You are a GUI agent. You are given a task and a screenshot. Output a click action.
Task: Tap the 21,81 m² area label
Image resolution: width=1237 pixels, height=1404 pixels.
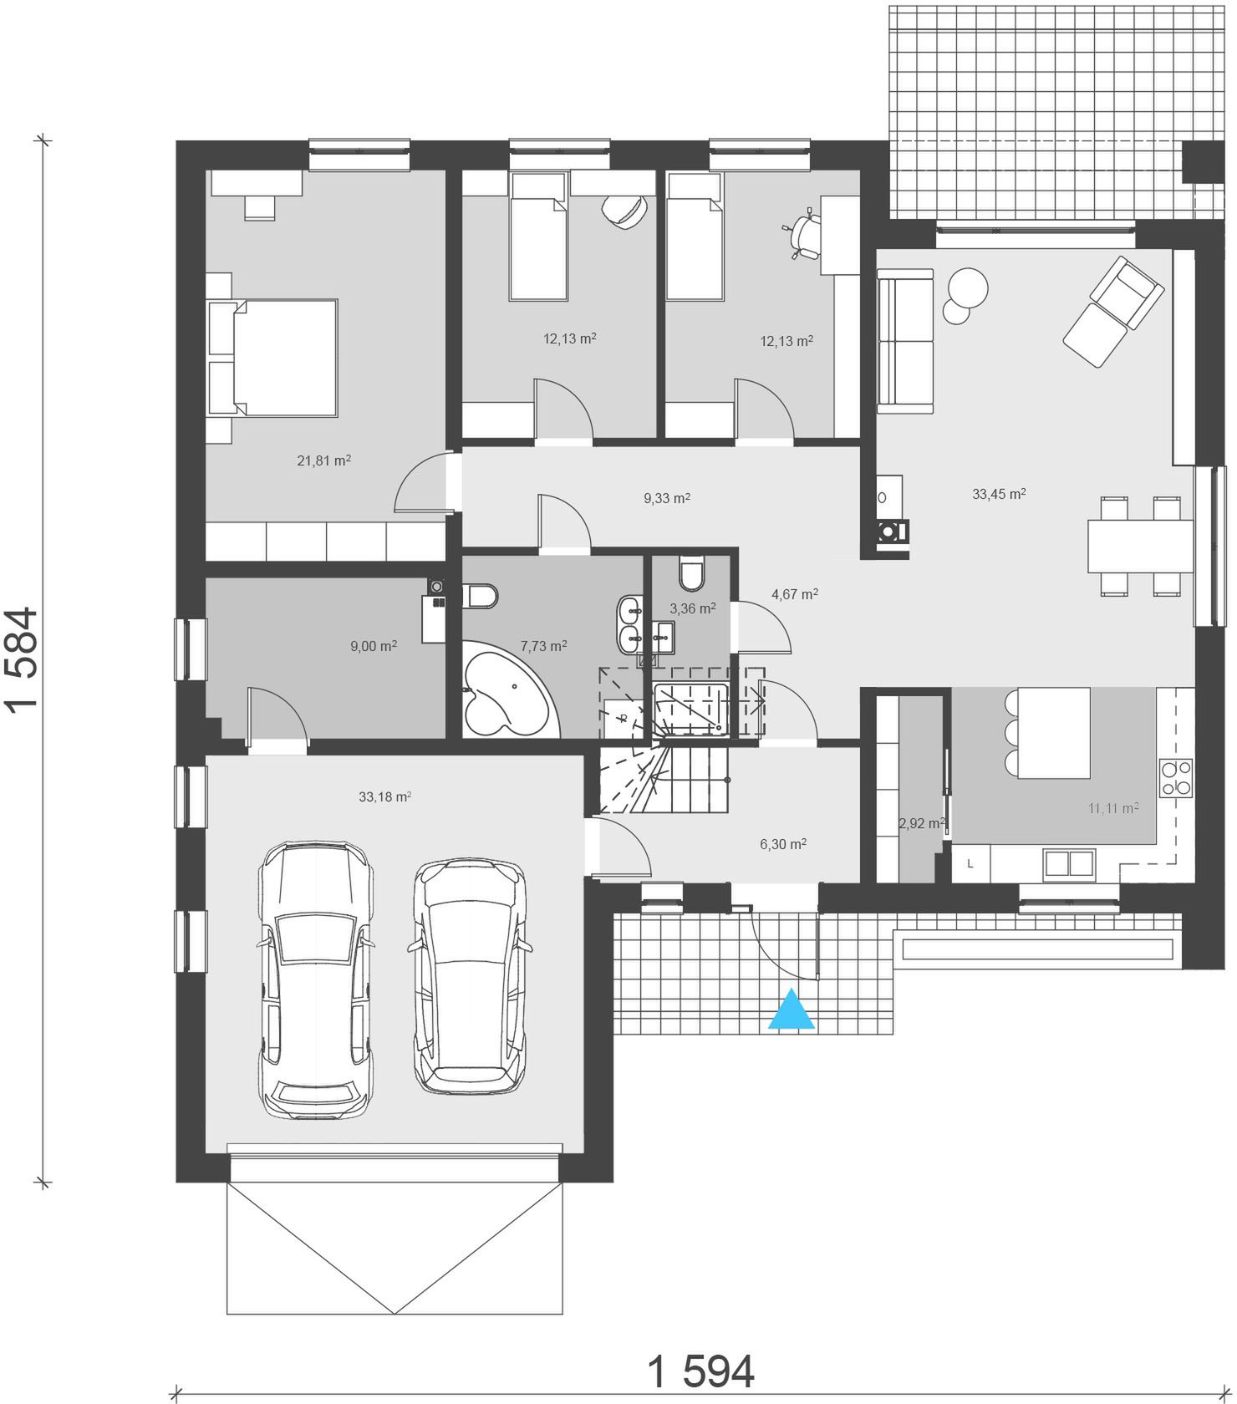[323, 460]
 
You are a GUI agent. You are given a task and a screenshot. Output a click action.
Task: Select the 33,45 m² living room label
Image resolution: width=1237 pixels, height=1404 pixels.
[999, 494]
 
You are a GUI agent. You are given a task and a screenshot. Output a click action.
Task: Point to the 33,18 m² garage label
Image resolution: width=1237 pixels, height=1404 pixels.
[384, 797]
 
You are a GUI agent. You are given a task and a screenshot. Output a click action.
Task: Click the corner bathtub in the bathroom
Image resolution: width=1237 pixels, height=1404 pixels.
[505, 689]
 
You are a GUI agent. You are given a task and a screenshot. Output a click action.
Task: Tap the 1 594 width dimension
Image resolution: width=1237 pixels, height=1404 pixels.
[700, 1371]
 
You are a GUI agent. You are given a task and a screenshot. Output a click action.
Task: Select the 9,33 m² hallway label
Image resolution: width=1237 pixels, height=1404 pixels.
[666, 499]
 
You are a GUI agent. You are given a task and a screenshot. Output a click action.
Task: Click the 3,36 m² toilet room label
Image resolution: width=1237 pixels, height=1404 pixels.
[693, 609]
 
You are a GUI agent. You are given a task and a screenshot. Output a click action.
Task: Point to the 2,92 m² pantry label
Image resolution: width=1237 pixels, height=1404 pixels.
[922, 823]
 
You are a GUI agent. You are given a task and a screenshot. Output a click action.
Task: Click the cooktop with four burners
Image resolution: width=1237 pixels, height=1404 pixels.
[1174, 777]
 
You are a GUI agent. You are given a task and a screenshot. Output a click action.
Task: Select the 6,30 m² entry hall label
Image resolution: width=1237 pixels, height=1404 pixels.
[783, 845]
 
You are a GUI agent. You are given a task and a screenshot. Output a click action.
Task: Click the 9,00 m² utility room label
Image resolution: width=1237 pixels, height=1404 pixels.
[373, 646]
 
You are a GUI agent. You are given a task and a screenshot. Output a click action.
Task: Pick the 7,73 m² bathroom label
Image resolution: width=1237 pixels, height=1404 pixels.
[543, 646]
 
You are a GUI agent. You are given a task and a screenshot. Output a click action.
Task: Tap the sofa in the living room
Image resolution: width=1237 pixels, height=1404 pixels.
[904, 341]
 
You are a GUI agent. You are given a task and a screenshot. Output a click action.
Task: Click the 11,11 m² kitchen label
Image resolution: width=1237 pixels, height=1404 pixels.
[1113, 808]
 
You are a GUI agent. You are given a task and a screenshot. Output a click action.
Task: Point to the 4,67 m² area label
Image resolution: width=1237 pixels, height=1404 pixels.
[794, 595]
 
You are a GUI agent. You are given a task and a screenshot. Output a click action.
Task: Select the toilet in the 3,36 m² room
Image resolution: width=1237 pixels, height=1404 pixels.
[693, 572]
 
